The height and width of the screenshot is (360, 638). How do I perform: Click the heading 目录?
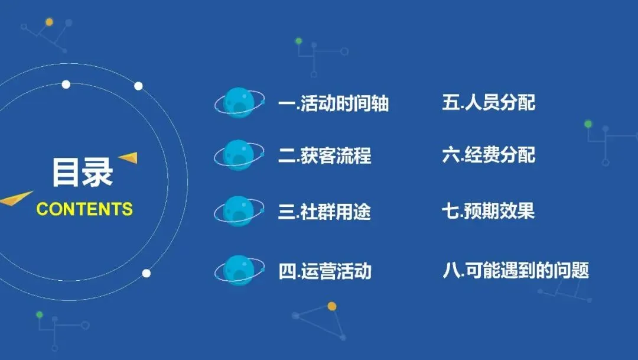point(82,172)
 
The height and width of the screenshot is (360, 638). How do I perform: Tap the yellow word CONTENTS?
point(84,209)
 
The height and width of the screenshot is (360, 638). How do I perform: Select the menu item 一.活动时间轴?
point(333,104)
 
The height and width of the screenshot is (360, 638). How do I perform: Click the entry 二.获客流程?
point(324,156)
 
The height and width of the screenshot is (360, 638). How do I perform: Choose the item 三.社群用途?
point(324,212)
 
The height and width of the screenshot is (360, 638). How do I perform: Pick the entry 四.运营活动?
point(324,271)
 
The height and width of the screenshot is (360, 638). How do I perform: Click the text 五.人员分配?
point(489,103)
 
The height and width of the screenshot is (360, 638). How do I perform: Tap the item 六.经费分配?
point(489,155)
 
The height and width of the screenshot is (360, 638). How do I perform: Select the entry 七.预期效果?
point(489,211)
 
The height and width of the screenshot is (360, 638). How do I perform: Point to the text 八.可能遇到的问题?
point(516,271)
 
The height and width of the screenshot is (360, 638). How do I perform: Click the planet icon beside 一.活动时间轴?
point(239,103)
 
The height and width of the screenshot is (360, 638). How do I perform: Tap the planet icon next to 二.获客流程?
point(239,155)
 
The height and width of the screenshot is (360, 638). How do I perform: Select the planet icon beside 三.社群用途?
point(239,211)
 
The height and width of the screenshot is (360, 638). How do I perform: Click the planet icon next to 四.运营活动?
point(239,271)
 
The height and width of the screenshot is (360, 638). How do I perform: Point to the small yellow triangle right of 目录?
point(129,157)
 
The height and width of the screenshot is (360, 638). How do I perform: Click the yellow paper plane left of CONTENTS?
point(16,199)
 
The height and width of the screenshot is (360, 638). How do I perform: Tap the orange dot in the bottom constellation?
point(332,306)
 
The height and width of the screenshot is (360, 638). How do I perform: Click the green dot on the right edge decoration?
point(588,124)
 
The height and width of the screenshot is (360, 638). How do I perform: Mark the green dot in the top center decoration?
point(299,41)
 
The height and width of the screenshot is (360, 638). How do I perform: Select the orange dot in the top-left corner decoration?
point(49,22)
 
